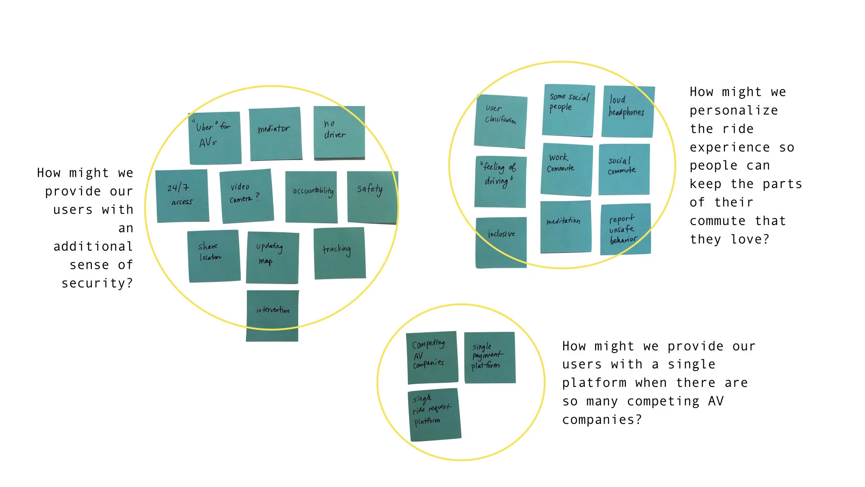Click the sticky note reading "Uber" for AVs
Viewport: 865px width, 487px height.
pyautogui.click(x=214, y=138)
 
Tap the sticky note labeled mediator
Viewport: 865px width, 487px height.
pyautogui.click(x=275, y=133)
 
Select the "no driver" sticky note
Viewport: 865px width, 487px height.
pyautogui.click(x=339, y=133)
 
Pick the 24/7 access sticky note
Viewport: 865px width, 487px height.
pyautogui.click(x=182, y=196)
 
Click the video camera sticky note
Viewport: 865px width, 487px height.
pyautogui.click(x=246, y=196)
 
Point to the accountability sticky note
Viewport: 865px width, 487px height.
pyautogui.click(x=311, y=197)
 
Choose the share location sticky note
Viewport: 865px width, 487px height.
pyautogui.click(x=214, y=256)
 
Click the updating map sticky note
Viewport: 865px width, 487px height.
pyautogui.click(x=272, y=257)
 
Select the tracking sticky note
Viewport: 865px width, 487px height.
pyautogui.click(x=339, y=253)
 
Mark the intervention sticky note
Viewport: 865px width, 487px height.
pyautogui.click(x=272, y=316)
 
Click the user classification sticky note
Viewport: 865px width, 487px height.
pyautogui.click(x=501, y=121)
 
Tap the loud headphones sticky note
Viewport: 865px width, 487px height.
pyautogui.click(x=628, y=111)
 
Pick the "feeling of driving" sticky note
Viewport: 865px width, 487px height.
pyautogui.click(x=500, y=181)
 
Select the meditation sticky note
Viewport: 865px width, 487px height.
pyautogui.click(x=565, y=227)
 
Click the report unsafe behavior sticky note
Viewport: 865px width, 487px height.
pyautogui.click(x=625, y=229)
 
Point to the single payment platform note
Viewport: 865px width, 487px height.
pyautogui.click(x=489, y=358)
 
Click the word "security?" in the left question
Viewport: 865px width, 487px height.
pyautogui.click(x=97, y=283)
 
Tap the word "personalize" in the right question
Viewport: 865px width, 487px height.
pyautogui.click(x=733, y=110)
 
